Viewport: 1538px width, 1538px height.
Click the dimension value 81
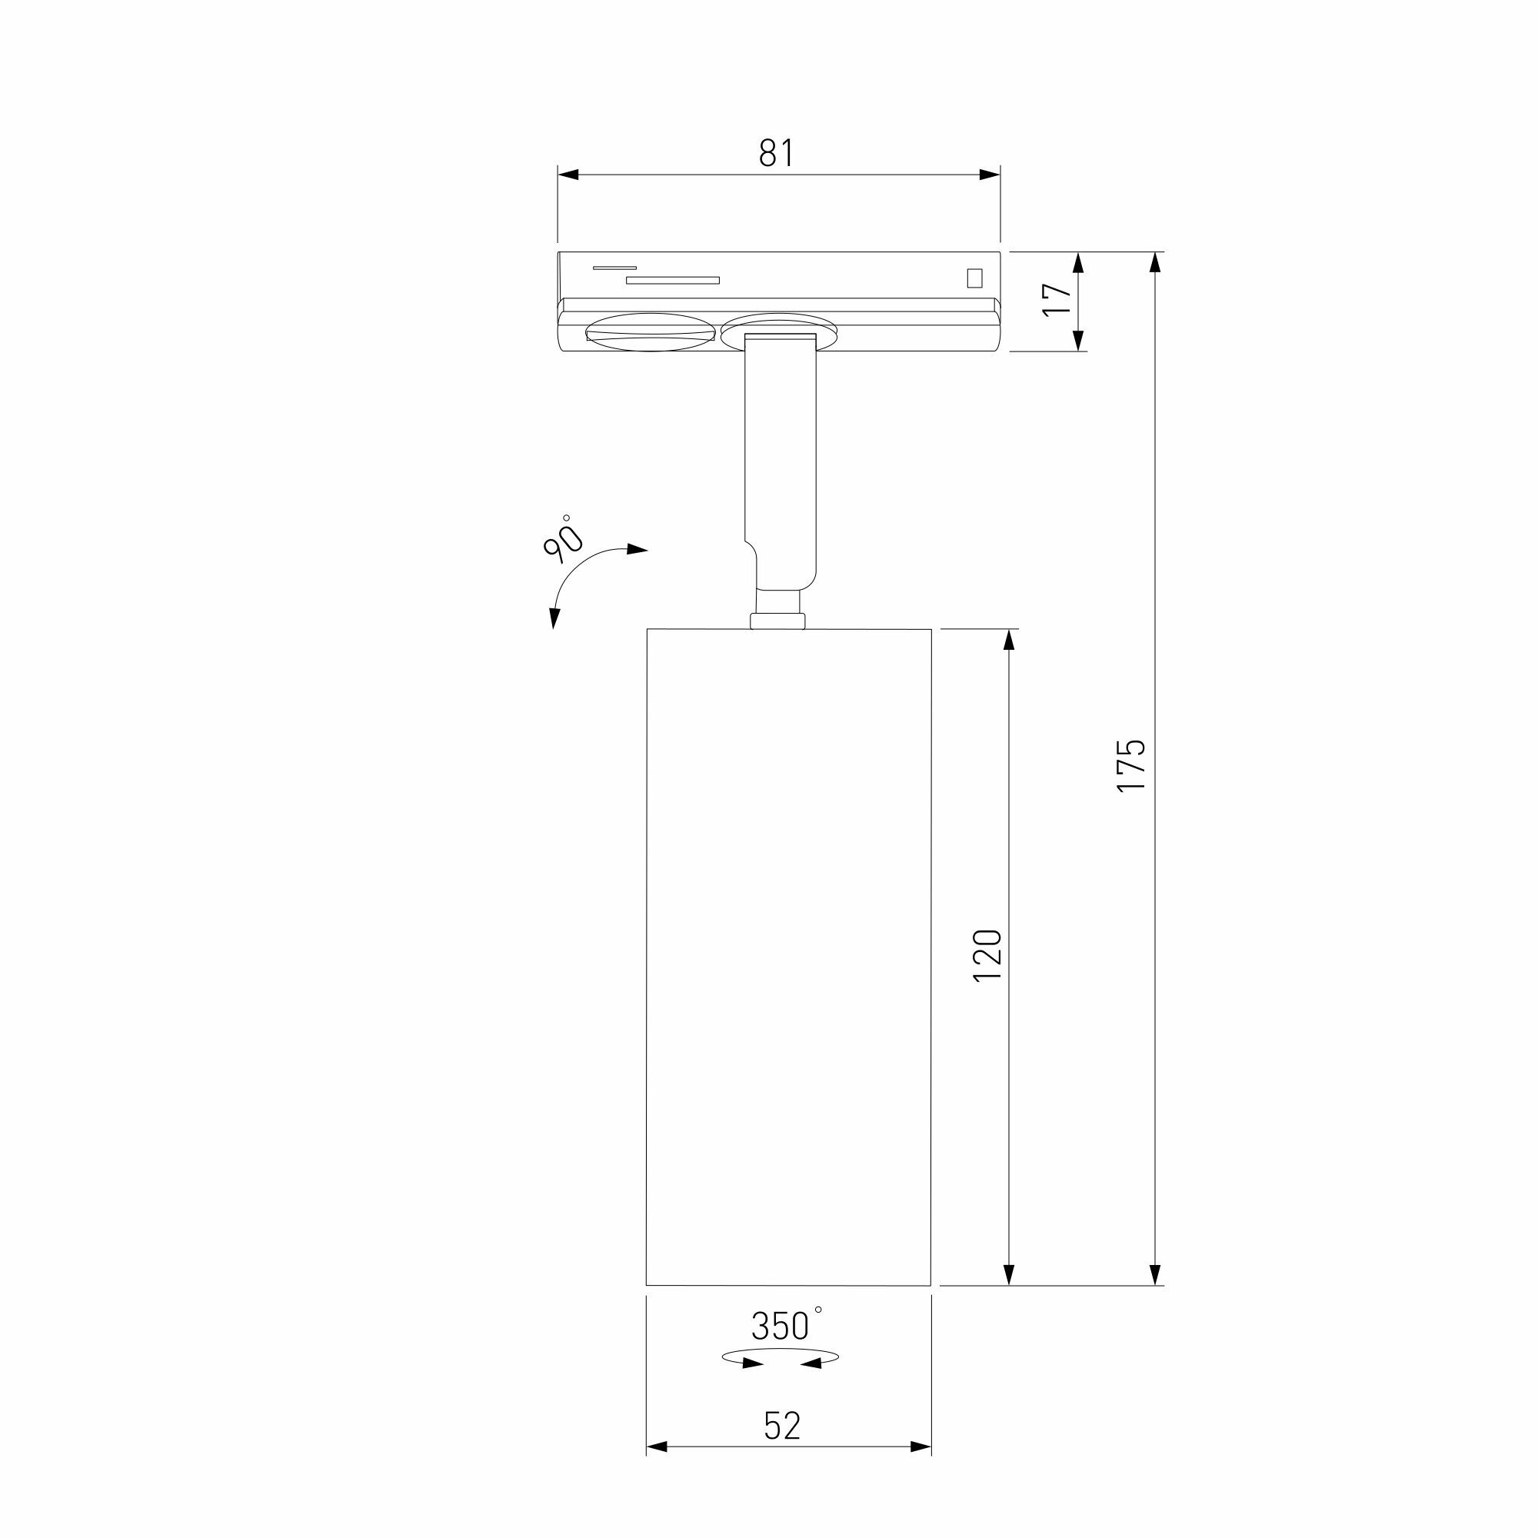(776, 153)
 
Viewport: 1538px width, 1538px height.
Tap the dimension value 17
(1058, 299)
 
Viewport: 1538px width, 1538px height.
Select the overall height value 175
(1130, 765)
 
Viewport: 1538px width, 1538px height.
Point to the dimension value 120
(987, 954)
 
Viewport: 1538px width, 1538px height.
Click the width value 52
(782, 1426)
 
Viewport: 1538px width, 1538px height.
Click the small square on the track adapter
(974, 277)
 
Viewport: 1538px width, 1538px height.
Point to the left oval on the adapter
(650, 332)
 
